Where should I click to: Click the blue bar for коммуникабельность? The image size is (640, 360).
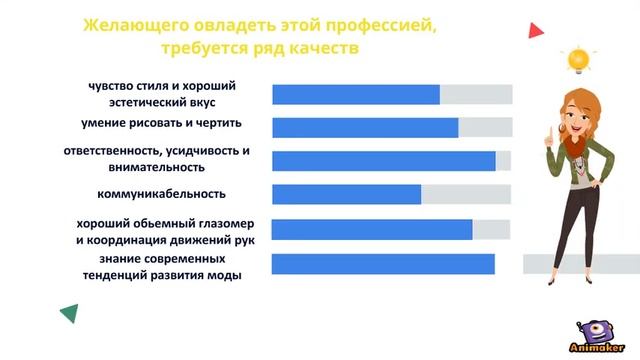point(346,194)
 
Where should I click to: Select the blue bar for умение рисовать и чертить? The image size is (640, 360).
point(365,127)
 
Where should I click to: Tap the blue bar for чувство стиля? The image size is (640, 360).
point(356,94)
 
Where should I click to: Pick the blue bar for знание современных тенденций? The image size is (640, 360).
point(383,264)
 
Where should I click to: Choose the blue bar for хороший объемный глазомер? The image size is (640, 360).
point(372,230)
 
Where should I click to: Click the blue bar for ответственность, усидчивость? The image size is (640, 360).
point(384,161)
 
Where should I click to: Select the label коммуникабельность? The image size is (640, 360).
point(161,193)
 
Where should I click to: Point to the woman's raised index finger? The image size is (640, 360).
point(549,129)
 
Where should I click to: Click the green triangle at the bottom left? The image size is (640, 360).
point(69,314)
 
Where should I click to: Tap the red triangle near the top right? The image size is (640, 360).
point(536,31)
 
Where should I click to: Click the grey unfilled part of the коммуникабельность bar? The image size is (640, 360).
point(466,194)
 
